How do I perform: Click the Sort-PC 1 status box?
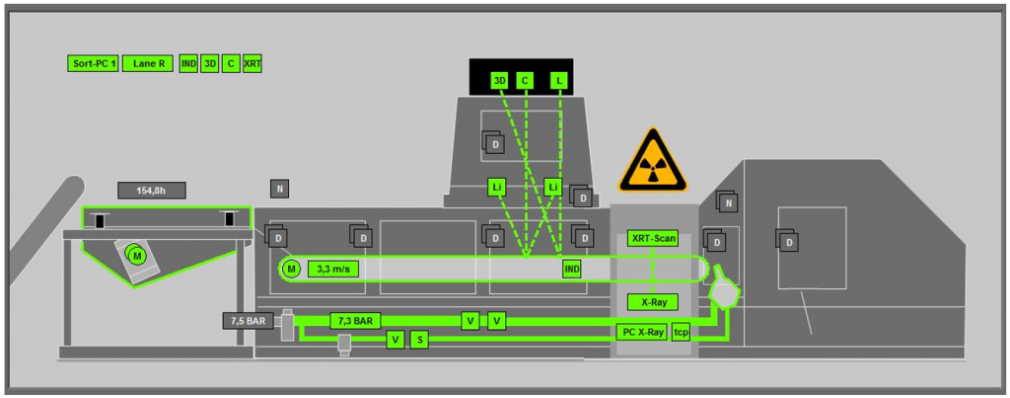coord(93,64)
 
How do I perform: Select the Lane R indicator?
coord(148,64)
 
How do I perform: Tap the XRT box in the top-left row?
coord(252,64)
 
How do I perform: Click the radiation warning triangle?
coord(653,161)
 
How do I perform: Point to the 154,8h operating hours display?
coord(152,191)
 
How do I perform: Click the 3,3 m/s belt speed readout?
coord(333,269)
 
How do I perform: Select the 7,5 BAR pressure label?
coord(249,321)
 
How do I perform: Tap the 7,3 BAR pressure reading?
coord(355,321)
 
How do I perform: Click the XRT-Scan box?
coord(653,239)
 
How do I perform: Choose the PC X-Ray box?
coord(641,332)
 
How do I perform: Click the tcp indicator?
coord(681,332)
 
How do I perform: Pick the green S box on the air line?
coord(419,340)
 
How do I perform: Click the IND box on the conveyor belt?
coord(571,269)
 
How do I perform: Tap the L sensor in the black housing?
coord(559,81)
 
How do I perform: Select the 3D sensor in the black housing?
coord(499,81)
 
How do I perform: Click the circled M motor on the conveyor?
coord(291,269)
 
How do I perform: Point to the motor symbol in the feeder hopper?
coord(136,256)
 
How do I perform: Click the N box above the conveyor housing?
coord(279,189)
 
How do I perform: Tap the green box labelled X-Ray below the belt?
coord(653,302)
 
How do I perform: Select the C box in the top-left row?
coord(231,64)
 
